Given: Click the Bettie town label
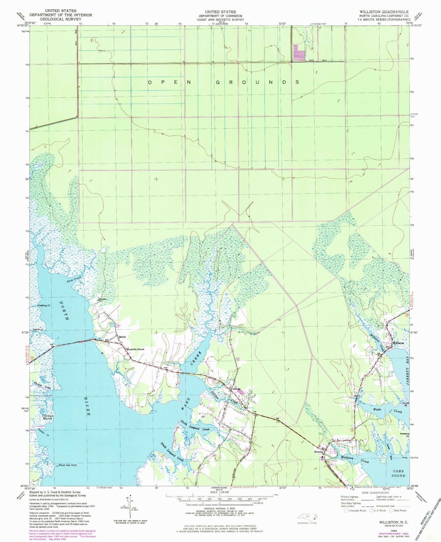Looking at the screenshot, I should (x=122, y=337).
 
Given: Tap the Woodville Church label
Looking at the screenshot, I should (x=136, y=349).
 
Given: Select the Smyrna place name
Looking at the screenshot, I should (x=319, y=452).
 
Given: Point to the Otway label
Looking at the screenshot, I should (x=237, y=389).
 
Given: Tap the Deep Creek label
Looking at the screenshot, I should (x=73, y=279).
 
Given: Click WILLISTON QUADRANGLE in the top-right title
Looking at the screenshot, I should (x=384, y=12).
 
